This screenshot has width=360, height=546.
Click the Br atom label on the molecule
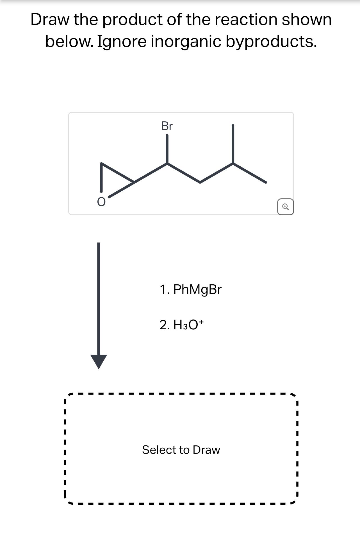pyautogui.click(x=167, y=126)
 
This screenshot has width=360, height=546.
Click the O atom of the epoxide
pyautogui.click(x=101, y=201)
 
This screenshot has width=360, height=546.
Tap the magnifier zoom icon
pyautogui.click(x=285, y=207)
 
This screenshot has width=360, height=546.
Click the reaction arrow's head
pyautogui.click(x=99, y=361)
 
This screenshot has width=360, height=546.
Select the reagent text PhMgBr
pyautogui.click(x=197, y=289)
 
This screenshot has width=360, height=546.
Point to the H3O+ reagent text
pyautogui.click(x=188, y=325)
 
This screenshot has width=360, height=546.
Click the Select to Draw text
pyautogui.click(x=181, y=450)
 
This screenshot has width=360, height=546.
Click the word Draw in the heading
pyautogui.click(x=50, y=20)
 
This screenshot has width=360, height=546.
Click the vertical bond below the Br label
pyautogui.click(x=167, y=149)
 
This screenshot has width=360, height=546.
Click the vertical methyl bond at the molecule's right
pyautogui.click(x=233, y=144)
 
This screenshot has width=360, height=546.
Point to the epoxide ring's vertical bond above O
pyautogui.click(x=101, y=177)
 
